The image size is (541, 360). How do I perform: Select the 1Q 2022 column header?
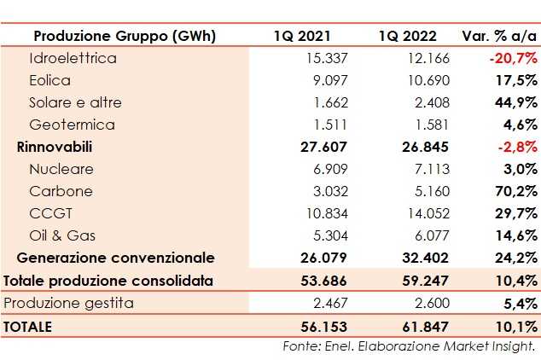tap(407, 36)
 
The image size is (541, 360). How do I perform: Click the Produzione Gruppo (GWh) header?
tap(124, 36)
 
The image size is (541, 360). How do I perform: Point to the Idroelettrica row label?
tap(73, 58)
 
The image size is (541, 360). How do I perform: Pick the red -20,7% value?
tap(513, 58)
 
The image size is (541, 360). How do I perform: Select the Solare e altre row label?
tap(75, 102)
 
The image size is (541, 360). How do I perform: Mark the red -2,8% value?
tap(516, 147)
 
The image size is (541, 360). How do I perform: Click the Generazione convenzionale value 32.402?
tap(413, 258)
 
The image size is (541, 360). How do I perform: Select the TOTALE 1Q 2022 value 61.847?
tap(413, 326)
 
